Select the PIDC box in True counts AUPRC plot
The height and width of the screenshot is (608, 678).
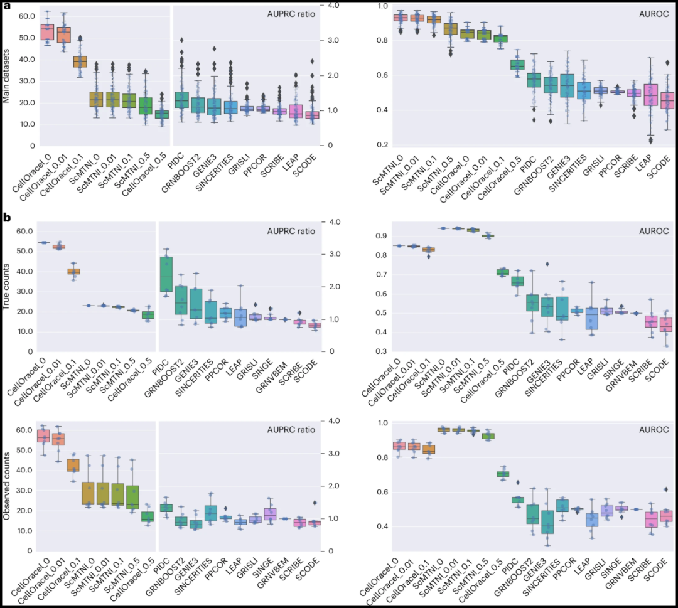coord(166,274)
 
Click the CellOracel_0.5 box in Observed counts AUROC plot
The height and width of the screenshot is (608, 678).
coord(503,474)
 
